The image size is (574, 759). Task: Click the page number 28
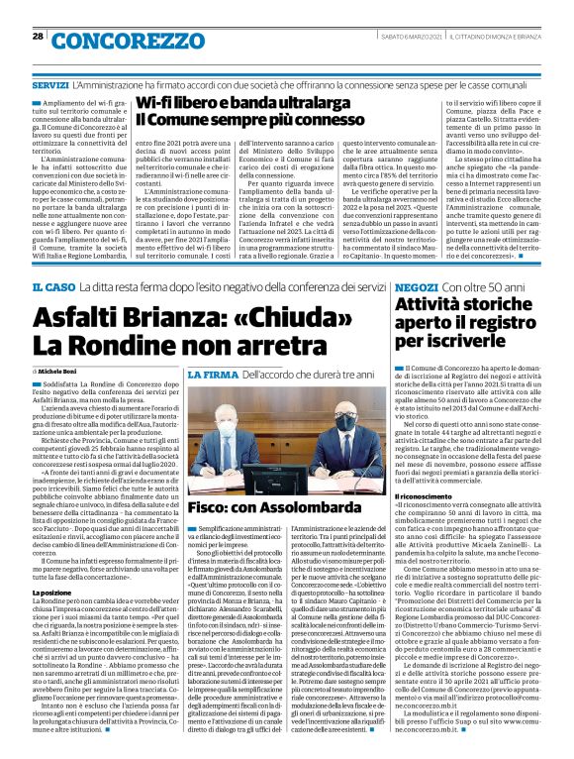pos(39,36)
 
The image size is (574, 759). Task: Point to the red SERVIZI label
pos(48,88)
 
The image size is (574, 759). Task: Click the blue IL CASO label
pos(49,259)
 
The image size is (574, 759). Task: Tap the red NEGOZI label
pos(416,259)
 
